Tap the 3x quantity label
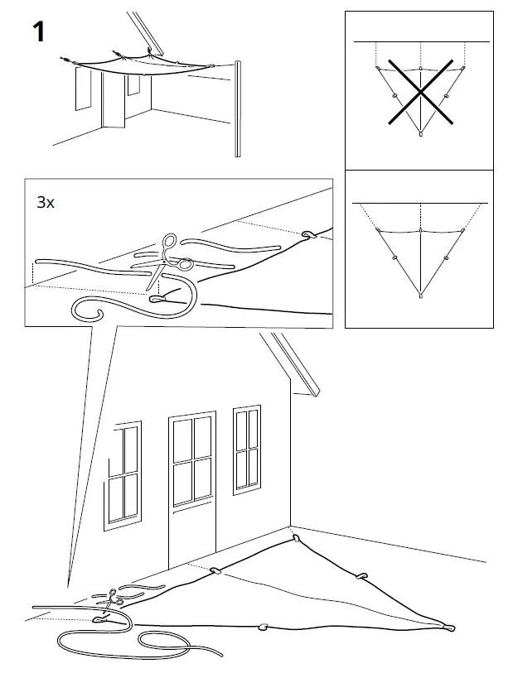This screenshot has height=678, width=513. click(x=46, y=203)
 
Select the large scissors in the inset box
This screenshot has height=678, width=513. click(x=167, y=261)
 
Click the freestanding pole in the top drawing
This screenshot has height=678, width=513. click(x=237, y=108)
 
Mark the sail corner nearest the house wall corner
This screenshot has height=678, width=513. click(x=295, y=539)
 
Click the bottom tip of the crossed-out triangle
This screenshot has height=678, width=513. click(x=420, y=132)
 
